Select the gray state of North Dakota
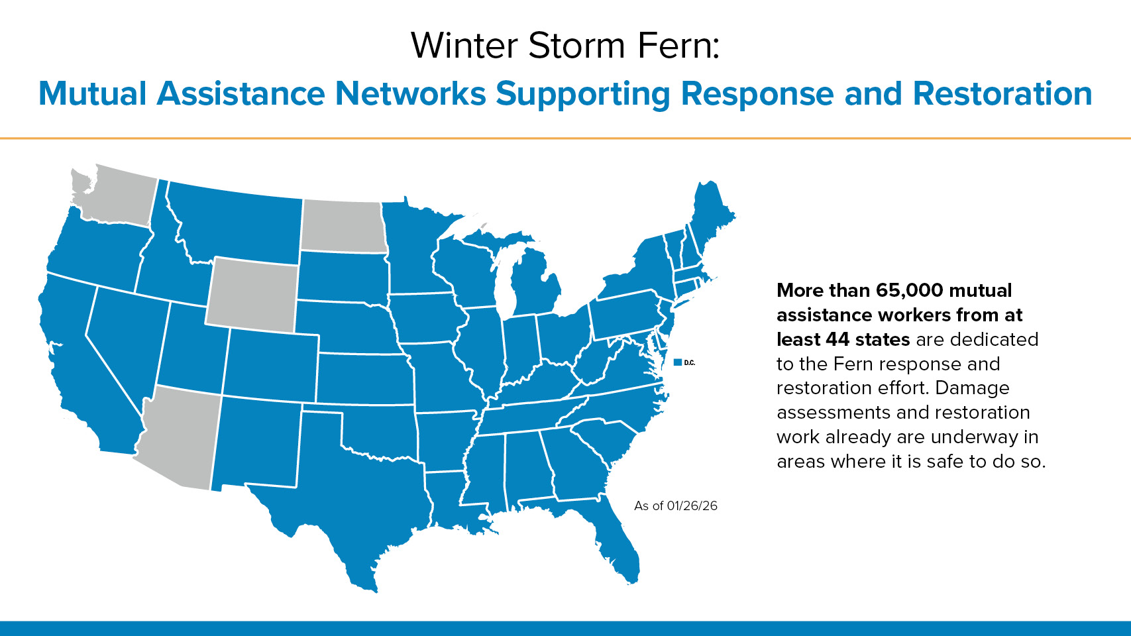point(345,226)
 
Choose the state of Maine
point(711,217)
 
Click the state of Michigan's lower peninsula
point(534,285)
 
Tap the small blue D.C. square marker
point(678,362)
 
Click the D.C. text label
point(690,363)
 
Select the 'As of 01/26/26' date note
point(676,505)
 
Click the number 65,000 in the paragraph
point(909,290)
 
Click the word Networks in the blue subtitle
point(410,93)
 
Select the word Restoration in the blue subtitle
point(1002,93)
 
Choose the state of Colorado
point(271,364)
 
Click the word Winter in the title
point(464,46)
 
